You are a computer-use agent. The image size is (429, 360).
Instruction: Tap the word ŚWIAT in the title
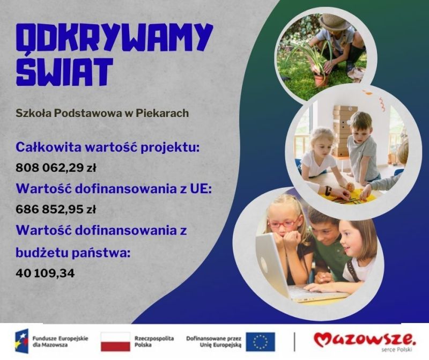[x=64, y=70]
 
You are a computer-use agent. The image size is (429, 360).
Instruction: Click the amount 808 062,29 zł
[x=56, y=167]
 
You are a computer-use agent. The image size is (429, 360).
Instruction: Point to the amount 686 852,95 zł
[x=56, y=209]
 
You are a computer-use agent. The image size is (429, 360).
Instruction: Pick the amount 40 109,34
[x=45, y=273]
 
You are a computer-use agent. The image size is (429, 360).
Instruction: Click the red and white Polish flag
[x=115, y=342]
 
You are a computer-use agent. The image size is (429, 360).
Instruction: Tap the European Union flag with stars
[x=260, y=342]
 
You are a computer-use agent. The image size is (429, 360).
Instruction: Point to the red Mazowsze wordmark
[x=365, y=340]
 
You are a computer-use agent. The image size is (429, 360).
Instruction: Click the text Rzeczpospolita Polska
[x=154, y=342]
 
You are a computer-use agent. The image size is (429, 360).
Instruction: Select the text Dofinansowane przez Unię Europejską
[x=214, y=342]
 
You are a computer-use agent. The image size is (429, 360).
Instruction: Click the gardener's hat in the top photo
[x=336, y=22]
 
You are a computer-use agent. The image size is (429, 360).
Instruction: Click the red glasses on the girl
[x=284, y=223]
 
